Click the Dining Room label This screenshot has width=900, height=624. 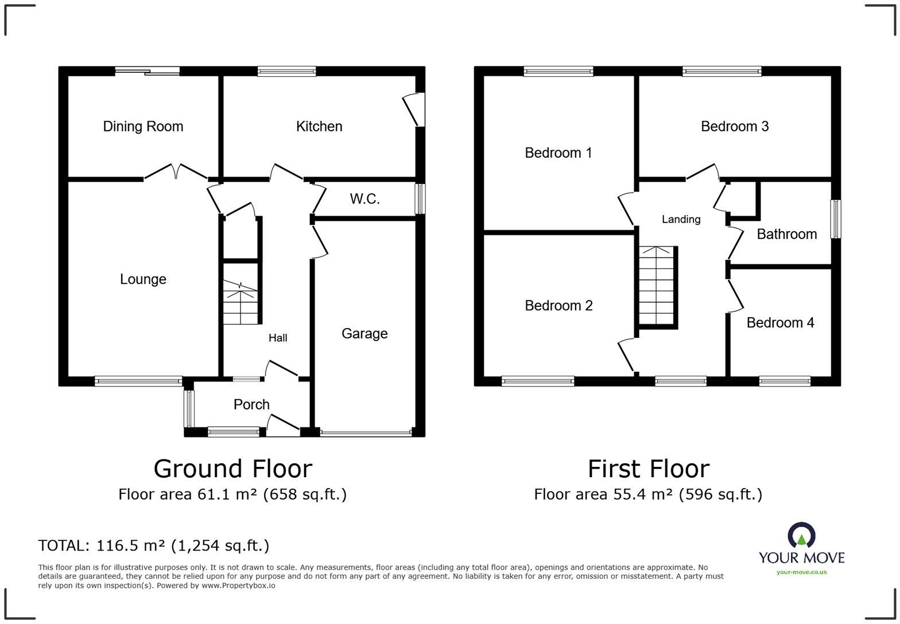coord(143,127)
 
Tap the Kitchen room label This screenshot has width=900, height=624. coord(319,127)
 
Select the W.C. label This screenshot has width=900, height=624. coord(364,199)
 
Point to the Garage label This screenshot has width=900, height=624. coord(364,334)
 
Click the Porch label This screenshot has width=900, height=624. coord(251,405)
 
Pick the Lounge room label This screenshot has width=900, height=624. coord(143,279)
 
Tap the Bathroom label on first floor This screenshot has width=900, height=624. coord(786,234)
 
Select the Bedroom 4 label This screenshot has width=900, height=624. coord(780,323)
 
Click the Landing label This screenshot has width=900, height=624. coord(681,219)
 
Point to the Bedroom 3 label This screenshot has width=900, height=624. coord(735,127)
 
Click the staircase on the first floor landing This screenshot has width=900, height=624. coord(657,287)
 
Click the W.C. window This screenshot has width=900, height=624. coord(421,199)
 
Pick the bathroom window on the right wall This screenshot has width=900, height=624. coord(836,219)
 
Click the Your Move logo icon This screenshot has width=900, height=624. coord(801,535)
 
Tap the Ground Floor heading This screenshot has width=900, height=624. coord(232,469)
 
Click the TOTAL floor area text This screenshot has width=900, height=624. coord(153,545)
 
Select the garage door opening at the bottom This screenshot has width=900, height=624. coord(366,433)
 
